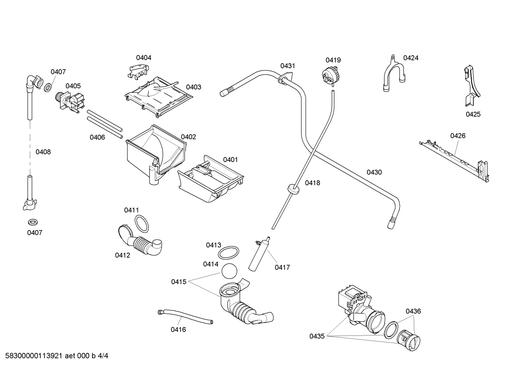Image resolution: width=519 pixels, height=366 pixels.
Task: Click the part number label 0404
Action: (x=143, y=57)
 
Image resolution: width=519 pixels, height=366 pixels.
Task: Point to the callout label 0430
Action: (x=374, y=172)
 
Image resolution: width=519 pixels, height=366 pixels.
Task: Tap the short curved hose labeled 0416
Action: (x=185, y=316)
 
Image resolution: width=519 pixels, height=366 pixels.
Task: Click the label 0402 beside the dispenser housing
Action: (x=188, y=137)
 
